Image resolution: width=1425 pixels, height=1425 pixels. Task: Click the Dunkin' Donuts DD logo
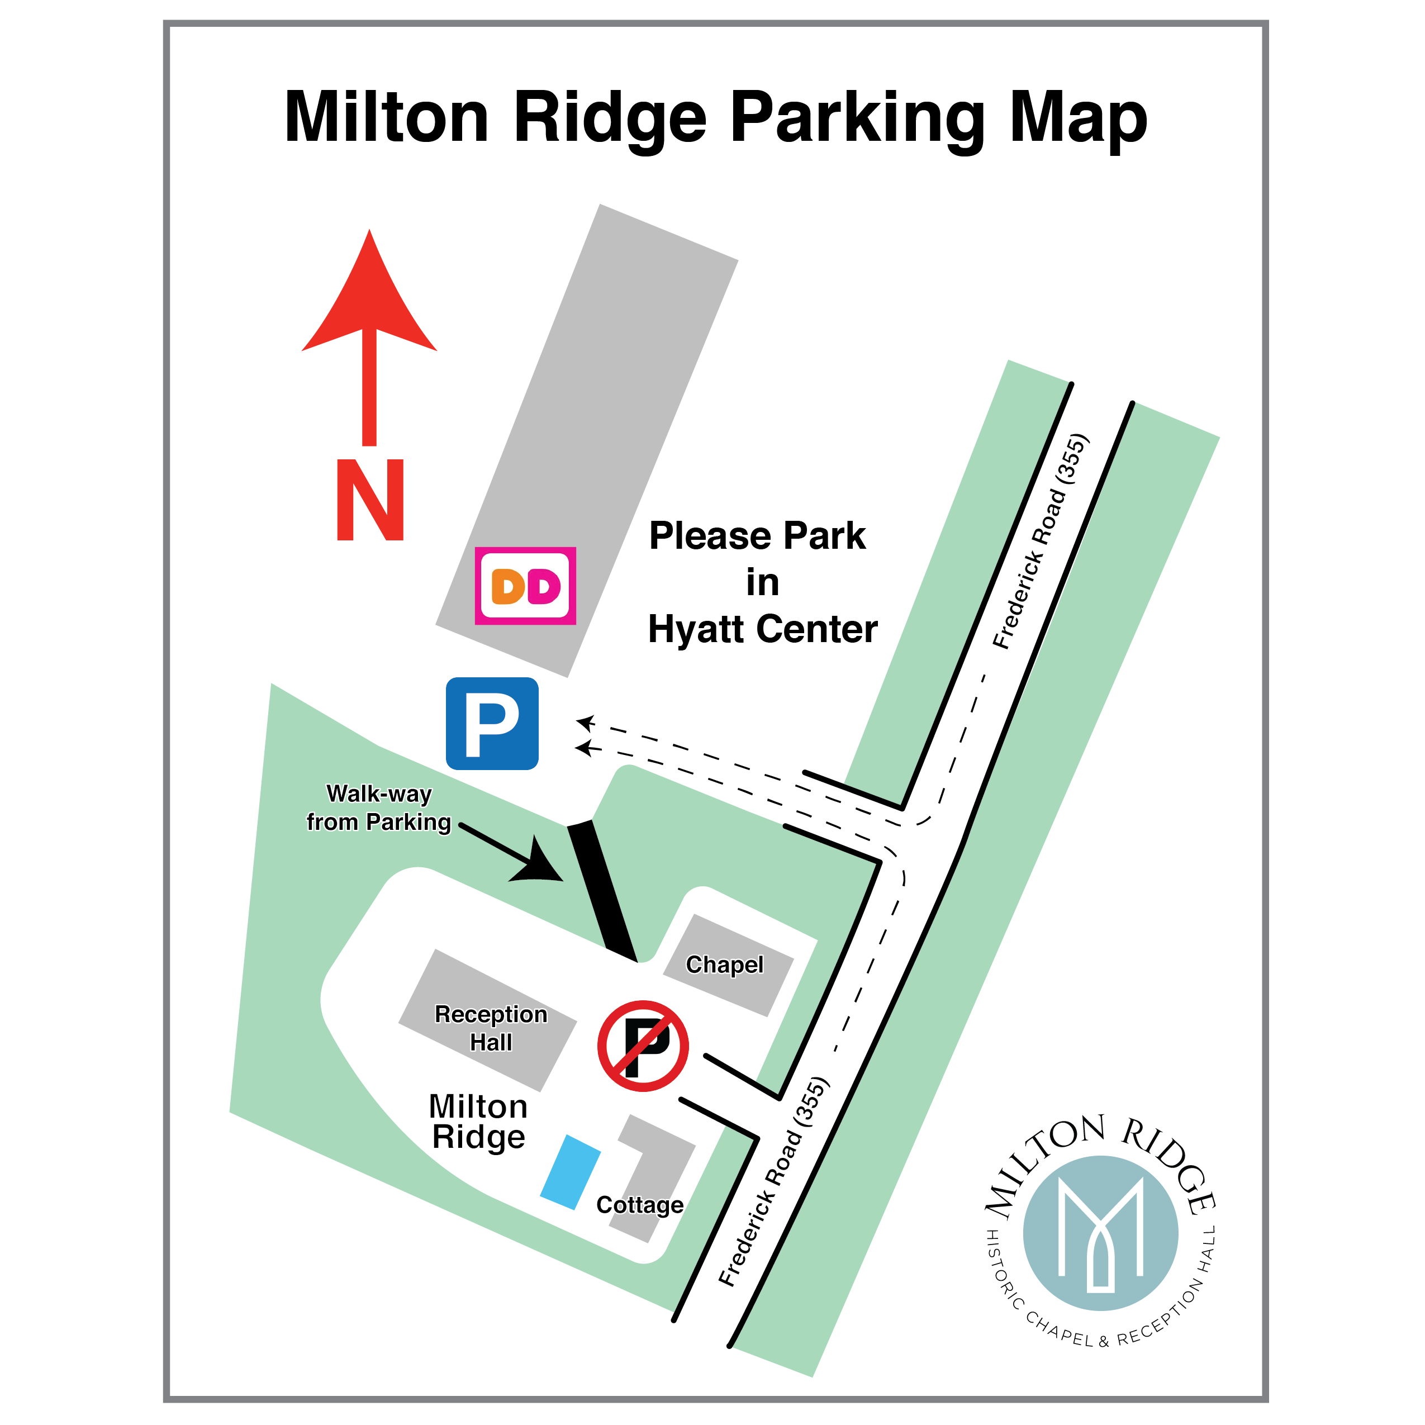525,586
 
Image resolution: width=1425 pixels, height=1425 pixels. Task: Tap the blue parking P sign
492,724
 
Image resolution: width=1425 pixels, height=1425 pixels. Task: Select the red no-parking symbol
643,1046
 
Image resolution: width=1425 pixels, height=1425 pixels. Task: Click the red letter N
370,500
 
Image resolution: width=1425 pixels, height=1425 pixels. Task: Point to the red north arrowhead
369,295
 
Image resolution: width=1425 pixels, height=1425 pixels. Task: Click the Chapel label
724,965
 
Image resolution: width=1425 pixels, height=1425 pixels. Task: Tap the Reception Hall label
491,1028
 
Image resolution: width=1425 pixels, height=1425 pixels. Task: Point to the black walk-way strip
602,891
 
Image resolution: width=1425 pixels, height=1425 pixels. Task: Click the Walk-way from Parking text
378,807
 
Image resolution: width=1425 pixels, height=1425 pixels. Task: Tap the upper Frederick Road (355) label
1041,542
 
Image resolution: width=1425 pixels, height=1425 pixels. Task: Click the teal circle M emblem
1100,1233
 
